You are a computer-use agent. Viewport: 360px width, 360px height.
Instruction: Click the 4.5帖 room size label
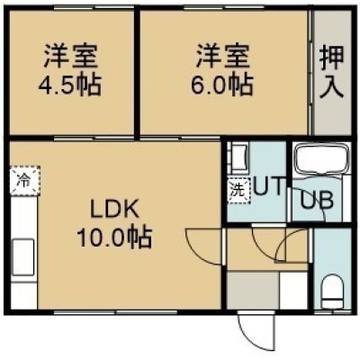coord(69,85)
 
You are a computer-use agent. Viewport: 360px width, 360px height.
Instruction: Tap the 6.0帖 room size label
coord(222,85)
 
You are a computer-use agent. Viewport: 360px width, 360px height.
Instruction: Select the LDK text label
coord(115,210)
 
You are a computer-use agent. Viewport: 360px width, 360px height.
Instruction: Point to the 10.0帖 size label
coord(114,237)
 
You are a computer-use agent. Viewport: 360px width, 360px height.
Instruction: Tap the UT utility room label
coord(268,186)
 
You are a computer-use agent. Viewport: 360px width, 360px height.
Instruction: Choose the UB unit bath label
coord(317,200)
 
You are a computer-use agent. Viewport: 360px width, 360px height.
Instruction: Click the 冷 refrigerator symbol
coord(24,181)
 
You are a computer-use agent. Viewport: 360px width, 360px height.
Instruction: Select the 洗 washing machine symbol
coord(238,191)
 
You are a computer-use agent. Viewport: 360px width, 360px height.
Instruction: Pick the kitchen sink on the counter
coord(23,256)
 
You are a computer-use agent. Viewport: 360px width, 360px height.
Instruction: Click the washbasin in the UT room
coord(238,158)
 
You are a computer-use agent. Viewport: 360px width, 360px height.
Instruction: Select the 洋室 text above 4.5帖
coord(71,57)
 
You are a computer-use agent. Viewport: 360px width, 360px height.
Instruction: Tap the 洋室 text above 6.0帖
coord(222,57)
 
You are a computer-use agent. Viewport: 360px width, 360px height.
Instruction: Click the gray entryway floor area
coord(253,291)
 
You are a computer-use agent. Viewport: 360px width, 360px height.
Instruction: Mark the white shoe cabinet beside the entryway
coord(293,291)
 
